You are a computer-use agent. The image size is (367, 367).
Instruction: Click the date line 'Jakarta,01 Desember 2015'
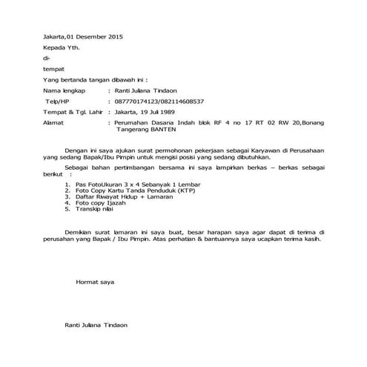[x=72, y=36]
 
